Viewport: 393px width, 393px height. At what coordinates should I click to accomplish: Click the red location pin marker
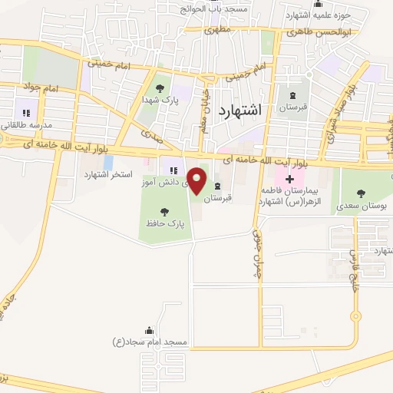pyautogui.click(x=197, y=180)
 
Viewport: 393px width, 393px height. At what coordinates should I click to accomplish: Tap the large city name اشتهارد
pyautogui.click(x=239, y=111)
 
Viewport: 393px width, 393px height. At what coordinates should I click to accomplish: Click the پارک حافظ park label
pyautogui.click(x=163, y=223)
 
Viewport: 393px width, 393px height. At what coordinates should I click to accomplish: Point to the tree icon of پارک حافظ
pyautogui.click(x=163, y=210)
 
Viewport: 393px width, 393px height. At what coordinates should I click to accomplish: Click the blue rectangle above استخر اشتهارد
pyautogui.click(x=107, y=162)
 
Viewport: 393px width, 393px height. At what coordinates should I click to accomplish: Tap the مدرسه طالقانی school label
pyautogui.click(x=25, y=125)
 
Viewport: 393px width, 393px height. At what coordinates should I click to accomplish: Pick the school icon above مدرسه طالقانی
pyautogui.click(x=26, y=112)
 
